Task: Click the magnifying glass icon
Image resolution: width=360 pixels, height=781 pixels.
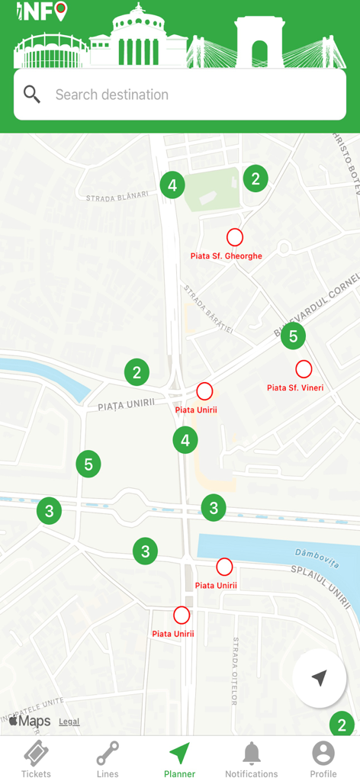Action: [32, 95]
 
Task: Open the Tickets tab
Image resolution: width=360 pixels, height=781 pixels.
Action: [36, 759]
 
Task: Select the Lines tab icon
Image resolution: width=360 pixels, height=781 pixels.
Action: [108, 754]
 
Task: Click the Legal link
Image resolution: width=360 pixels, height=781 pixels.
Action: [69, 722]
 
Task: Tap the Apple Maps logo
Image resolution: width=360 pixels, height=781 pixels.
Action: [30, 721]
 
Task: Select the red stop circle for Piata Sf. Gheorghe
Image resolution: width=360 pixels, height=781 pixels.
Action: [234, 236]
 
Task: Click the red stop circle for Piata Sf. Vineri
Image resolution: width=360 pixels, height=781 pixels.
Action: [304, 369]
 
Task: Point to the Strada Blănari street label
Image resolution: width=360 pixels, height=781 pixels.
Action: [117, 197]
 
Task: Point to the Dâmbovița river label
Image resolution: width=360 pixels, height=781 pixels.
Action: [315, 557]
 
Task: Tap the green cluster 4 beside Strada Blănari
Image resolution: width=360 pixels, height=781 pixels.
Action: [172, 185]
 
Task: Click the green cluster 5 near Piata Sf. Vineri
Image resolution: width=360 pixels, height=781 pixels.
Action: [293, 336]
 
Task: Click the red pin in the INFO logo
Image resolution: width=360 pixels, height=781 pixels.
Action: [61, 10]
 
